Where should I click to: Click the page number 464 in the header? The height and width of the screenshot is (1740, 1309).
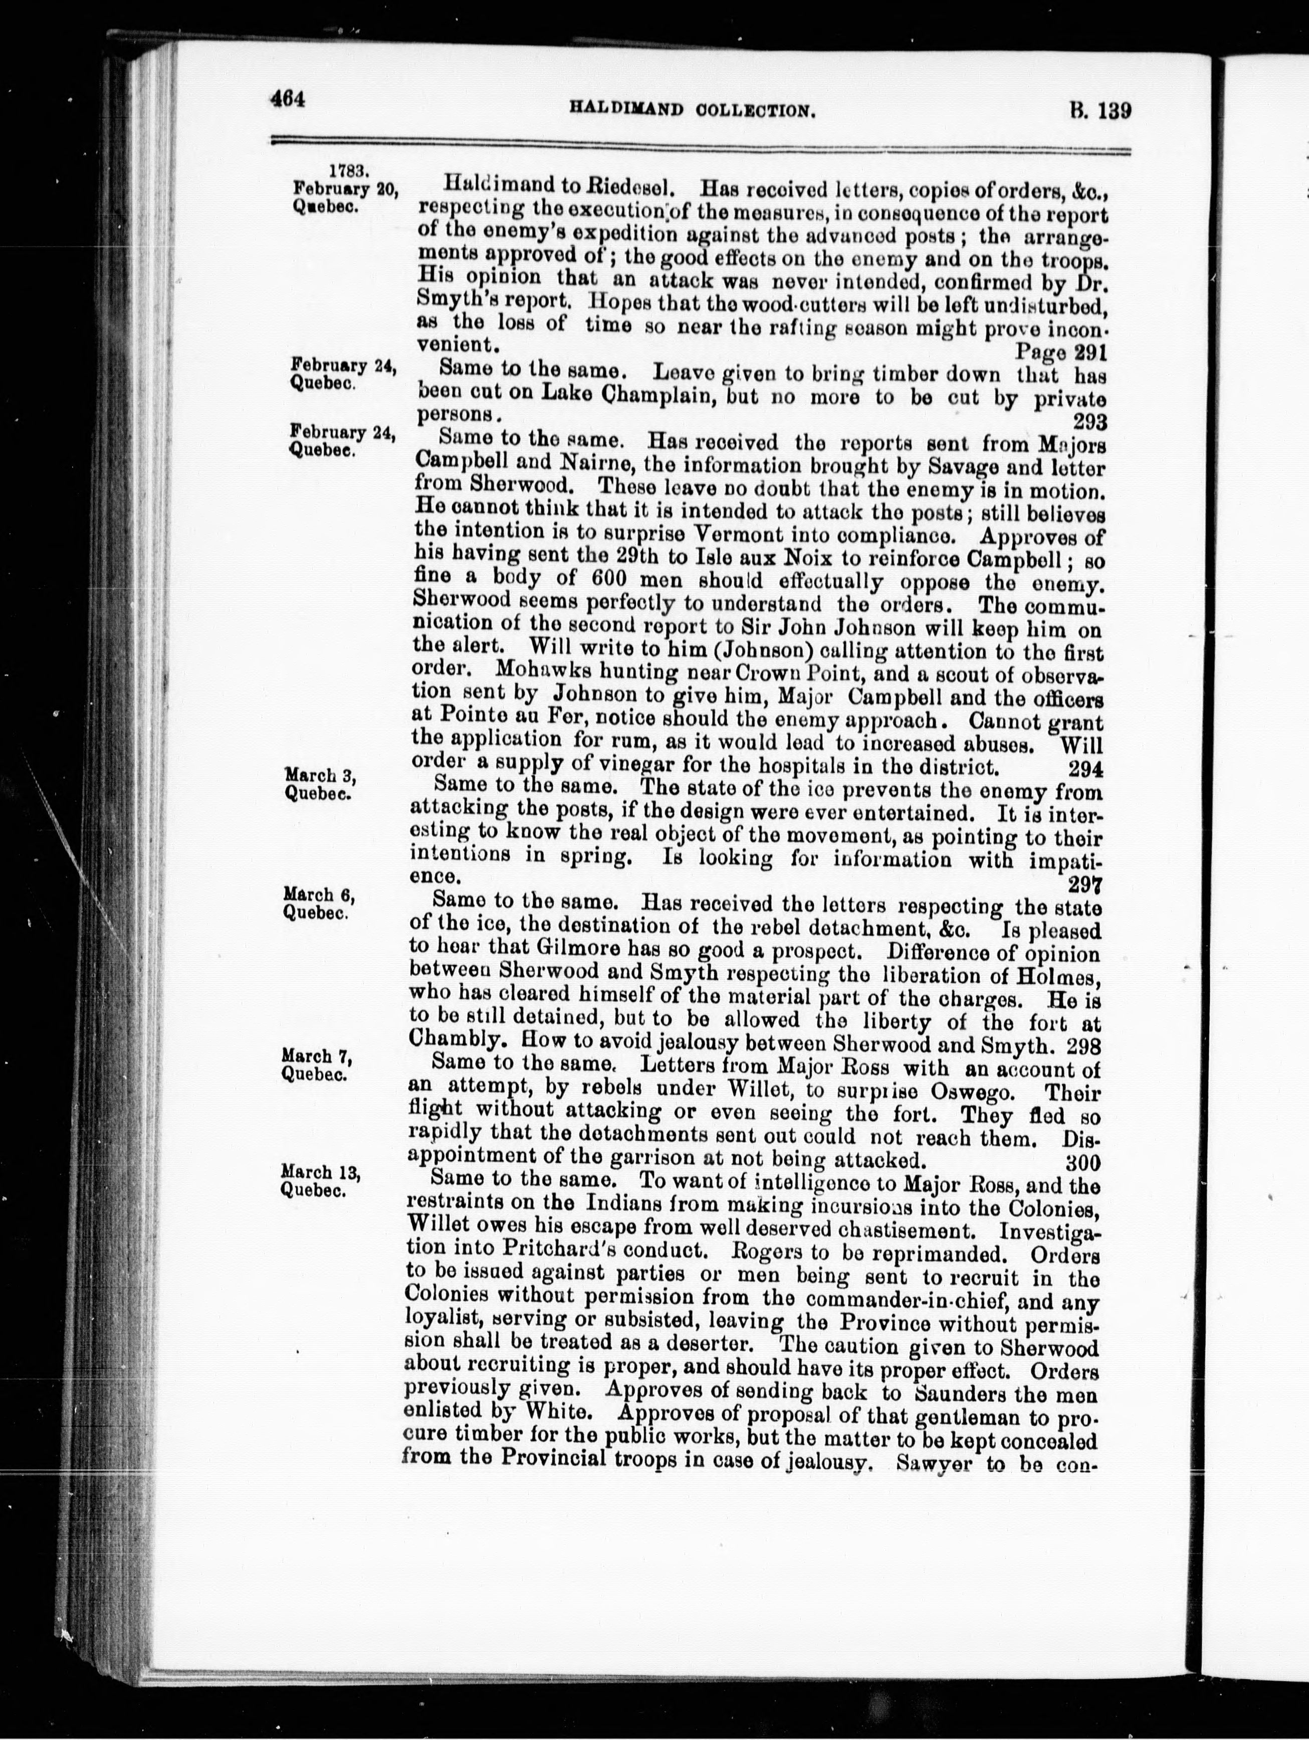pos(286,100)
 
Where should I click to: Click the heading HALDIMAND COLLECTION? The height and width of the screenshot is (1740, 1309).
pos(700,111)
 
